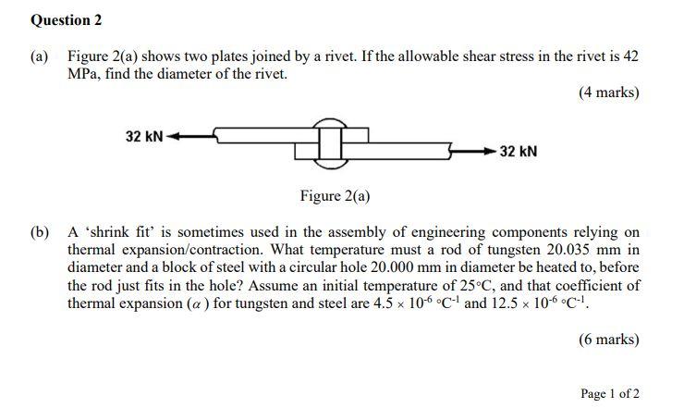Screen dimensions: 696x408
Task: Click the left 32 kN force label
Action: point(143,137)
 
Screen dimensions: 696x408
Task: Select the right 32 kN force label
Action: point(518,151)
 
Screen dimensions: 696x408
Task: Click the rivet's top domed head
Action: point(327,123)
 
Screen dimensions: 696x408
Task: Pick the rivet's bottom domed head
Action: point(327,165)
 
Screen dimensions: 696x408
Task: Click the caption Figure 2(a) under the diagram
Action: point(335,196)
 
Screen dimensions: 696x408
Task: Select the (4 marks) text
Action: point(608,93)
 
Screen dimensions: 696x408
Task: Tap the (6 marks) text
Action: point(608,340)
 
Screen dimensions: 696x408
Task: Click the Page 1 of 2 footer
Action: point(609,393)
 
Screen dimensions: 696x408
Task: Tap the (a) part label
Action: point(40,56)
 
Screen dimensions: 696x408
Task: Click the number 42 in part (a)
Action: point(629,56)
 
